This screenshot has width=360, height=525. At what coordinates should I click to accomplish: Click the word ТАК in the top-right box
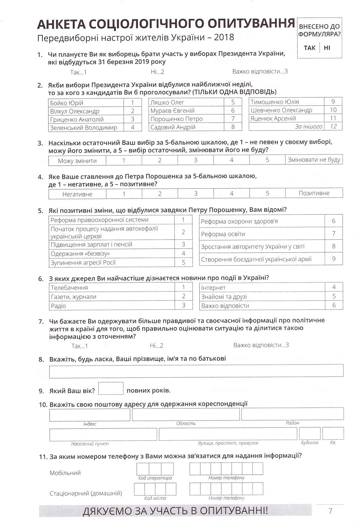tap(309, 48)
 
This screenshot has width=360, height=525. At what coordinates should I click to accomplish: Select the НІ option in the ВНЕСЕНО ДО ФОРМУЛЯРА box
tap(327, 48)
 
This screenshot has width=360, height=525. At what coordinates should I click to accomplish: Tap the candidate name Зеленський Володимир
tap(83, 128)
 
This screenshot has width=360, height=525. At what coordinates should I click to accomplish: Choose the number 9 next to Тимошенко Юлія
tap(333, 101)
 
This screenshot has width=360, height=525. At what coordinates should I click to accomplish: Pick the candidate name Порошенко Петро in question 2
tap(176, 119)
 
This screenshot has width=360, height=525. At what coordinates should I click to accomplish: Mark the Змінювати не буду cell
tap(314, 160)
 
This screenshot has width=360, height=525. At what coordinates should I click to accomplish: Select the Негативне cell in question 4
tap(77, 194)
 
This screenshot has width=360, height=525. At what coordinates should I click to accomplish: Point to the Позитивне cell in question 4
tap(314, 193)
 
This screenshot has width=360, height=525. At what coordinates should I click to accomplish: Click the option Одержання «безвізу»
tap(80, 253)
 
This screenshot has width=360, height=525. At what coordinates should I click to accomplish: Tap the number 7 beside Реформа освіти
tap(334, 233)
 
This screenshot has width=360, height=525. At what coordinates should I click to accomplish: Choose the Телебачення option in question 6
tap(69, 288)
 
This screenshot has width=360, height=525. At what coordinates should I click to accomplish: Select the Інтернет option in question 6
tap(213, 288)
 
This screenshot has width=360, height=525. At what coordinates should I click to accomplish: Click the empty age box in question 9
tap(111, 388)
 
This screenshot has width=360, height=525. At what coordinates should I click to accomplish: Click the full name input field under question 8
tap(196, 371)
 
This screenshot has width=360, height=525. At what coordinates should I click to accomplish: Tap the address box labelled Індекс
tap(90, 415)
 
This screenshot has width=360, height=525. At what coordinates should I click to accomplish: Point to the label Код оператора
tap(155, 478)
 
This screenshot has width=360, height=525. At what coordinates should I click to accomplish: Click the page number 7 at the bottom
tap(331, 511)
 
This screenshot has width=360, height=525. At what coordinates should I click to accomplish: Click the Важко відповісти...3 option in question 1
tap(260, 71)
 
